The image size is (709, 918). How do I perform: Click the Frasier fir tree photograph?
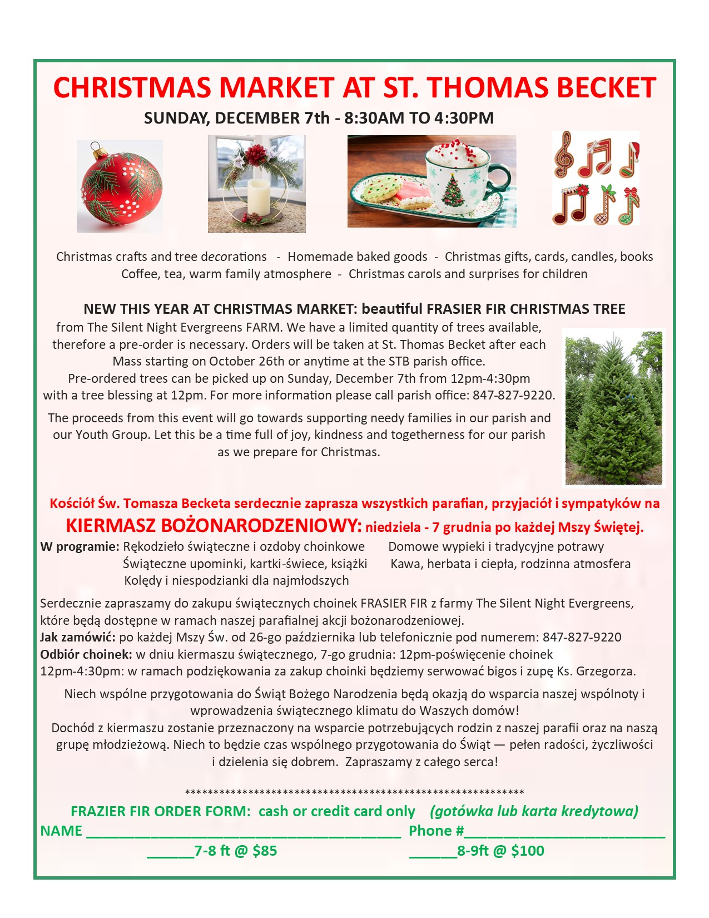[614, 408]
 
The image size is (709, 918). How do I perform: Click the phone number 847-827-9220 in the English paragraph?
[513, 396]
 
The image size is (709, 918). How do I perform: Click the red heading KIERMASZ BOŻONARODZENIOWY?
[214, 526]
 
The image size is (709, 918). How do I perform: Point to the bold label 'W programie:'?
[80, 547]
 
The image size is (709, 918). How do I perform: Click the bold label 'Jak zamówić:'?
[78, 638]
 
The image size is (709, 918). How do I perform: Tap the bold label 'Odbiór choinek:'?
[86, 654]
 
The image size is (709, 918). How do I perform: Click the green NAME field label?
[61, 831]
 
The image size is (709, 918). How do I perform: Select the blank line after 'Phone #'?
[564, 832]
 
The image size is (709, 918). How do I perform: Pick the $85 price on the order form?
[265, 851]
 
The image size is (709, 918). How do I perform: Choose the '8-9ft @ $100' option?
[500, 851]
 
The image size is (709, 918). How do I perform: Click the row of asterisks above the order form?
[354, 792]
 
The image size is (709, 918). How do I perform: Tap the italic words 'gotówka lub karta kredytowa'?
[534, 812]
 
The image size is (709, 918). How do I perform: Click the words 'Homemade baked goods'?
[358, 257]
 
